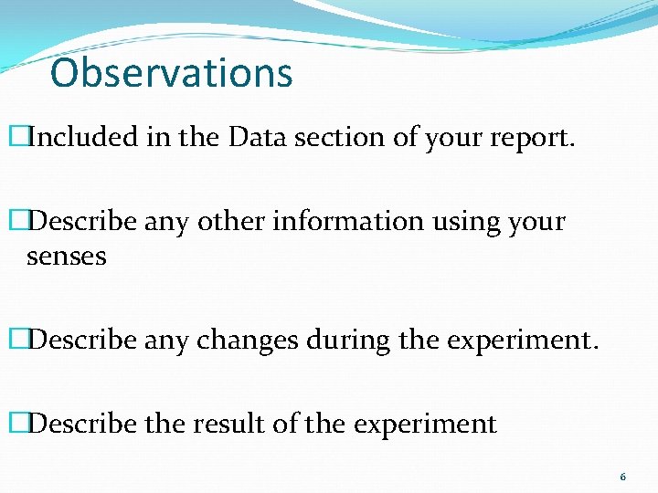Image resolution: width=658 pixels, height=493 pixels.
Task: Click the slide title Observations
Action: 172,73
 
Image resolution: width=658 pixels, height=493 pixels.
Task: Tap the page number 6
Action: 623,477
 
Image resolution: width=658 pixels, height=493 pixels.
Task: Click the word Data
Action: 255,137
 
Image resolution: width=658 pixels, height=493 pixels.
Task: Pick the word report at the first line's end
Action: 535,139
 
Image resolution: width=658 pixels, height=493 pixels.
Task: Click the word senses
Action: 67,257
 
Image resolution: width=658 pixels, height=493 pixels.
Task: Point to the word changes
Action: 252,341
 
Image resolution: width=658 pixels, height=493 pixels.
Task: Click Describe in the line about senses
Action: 74,221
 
